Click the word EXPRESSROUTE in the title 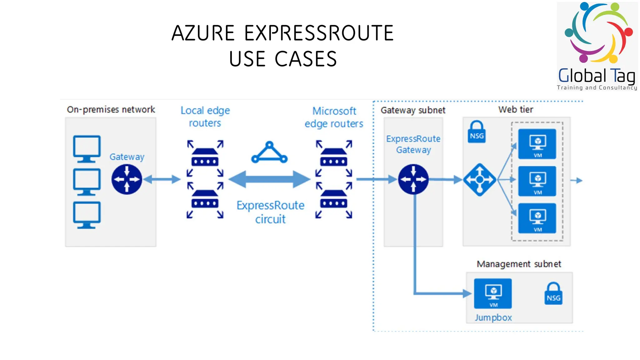pos(319,33)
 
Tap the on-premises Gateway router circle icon pos(127,179)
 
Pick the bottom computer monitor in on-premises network pos(87,215)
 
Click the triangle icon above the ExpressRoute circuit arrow pos(269,153)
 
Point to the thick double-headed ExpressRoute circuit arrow pos(269,179)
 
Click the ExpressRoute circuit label pos(270,212)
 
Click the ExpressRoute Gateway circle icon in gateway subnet pos(413,179)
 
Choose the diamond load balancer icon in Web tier pos(480,180)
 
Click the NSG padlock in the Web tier pos(477,132)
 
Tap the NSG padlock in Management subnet pos(553,294)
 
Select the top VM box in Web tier pos(537,144)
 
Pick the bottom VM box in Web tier pos(537,218)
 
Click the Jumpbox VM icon pos(493,293)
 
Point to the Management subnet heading pos(519,264)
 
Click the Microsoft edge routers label pos(334,117)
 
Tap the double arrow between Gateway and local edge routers pos(162,179)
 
